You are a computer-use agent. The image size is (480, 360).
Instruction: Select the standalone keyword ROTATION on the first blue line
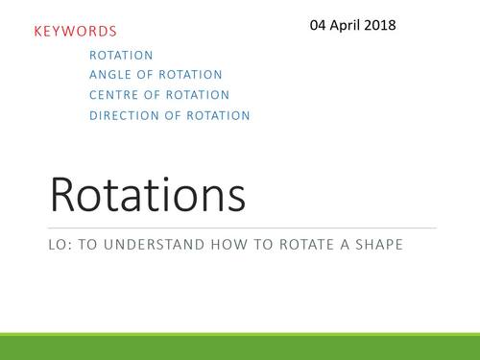point(121,56)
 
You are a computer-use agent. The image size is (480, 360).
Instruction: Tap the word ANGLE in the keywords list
point(110,75)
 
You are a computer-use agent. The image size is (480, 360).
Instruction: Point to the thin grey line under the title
point(240,228)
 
